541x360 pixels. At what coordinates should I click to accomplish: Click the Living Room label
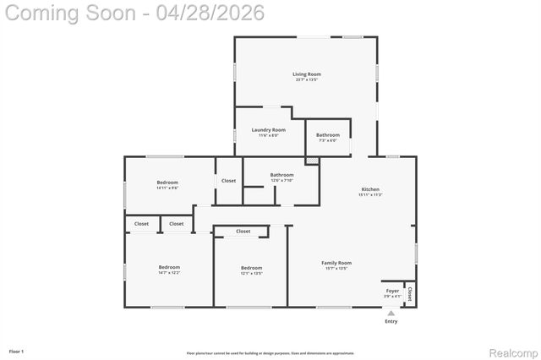(307, 74)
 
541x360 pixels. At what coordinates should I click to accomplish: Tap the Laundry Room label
(268, 129)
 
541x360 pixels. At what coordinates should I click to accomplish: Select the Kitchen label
(370, 189)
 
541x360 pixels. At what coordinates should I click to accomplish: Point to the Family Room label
(336, 263)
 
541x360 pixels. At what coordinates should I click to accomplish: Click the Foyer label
(392, 291)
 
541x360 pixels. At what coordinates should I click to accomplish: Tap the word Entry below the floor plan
(391, 321)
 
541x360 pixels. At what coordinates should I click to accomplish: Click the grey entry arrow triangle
(391, 312)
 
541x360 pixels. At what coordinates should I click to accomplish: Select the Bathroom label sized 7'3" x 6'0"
(328, 135)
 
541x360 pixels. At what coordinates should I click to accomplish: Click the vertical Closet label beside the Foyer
(410, 294)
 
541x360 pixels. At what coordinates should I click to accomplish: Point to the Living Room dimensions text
(307, 80)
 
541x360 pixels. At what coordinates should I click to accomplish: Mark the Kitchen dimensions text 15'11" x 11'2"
(370, 195)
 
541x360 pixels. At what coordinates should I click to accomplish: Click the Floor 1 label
(16, 351)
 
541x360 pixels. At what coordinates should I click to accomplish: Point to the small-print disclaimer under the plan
(270, 352)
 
